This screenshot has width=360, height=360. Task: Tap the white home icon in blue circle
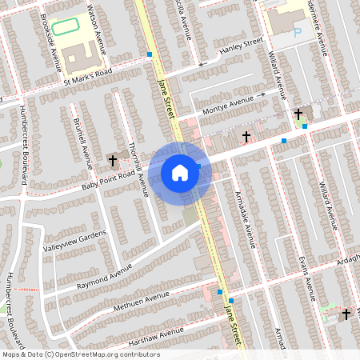tap(180, 173)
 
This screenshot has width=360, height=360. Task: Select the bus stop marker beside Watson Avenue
tap(149, 55)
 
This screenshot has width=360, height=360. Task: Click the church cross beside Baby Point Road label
tap(113, 160)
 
